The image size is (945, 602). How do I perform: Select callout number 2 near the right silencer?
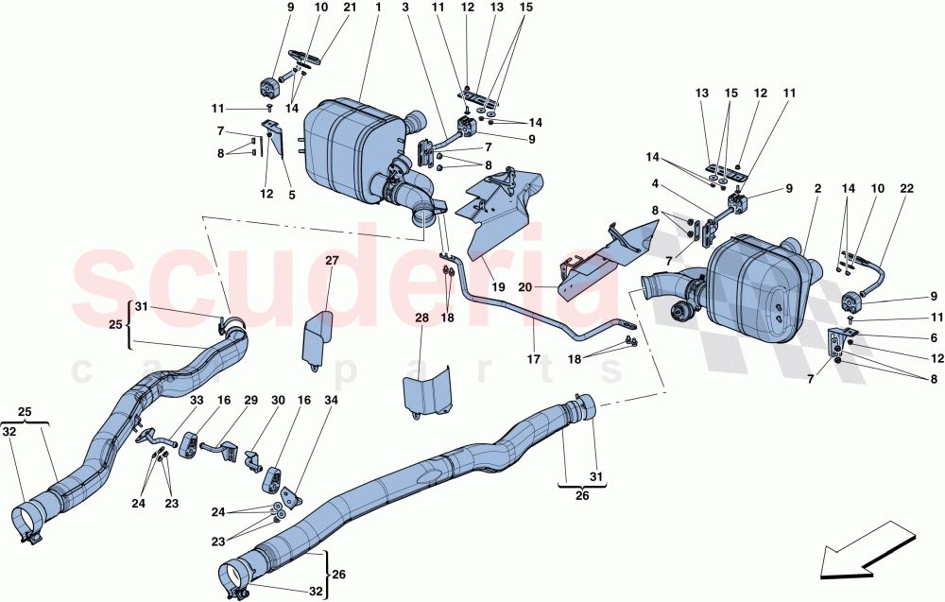pyautogui.click(x=815, y=189)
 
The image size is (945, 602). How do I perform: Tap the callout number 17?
pyautogui.click(x=534, y=359)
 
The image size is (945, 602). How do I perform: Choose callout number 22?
pyautogui.click(x=907, y=189)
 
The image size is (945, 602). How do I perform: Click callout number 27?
pyautogui.click(x=332, y=260)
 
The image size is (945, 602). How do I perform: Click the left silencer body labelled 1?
pyautogui.click(x=346, y=142)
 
